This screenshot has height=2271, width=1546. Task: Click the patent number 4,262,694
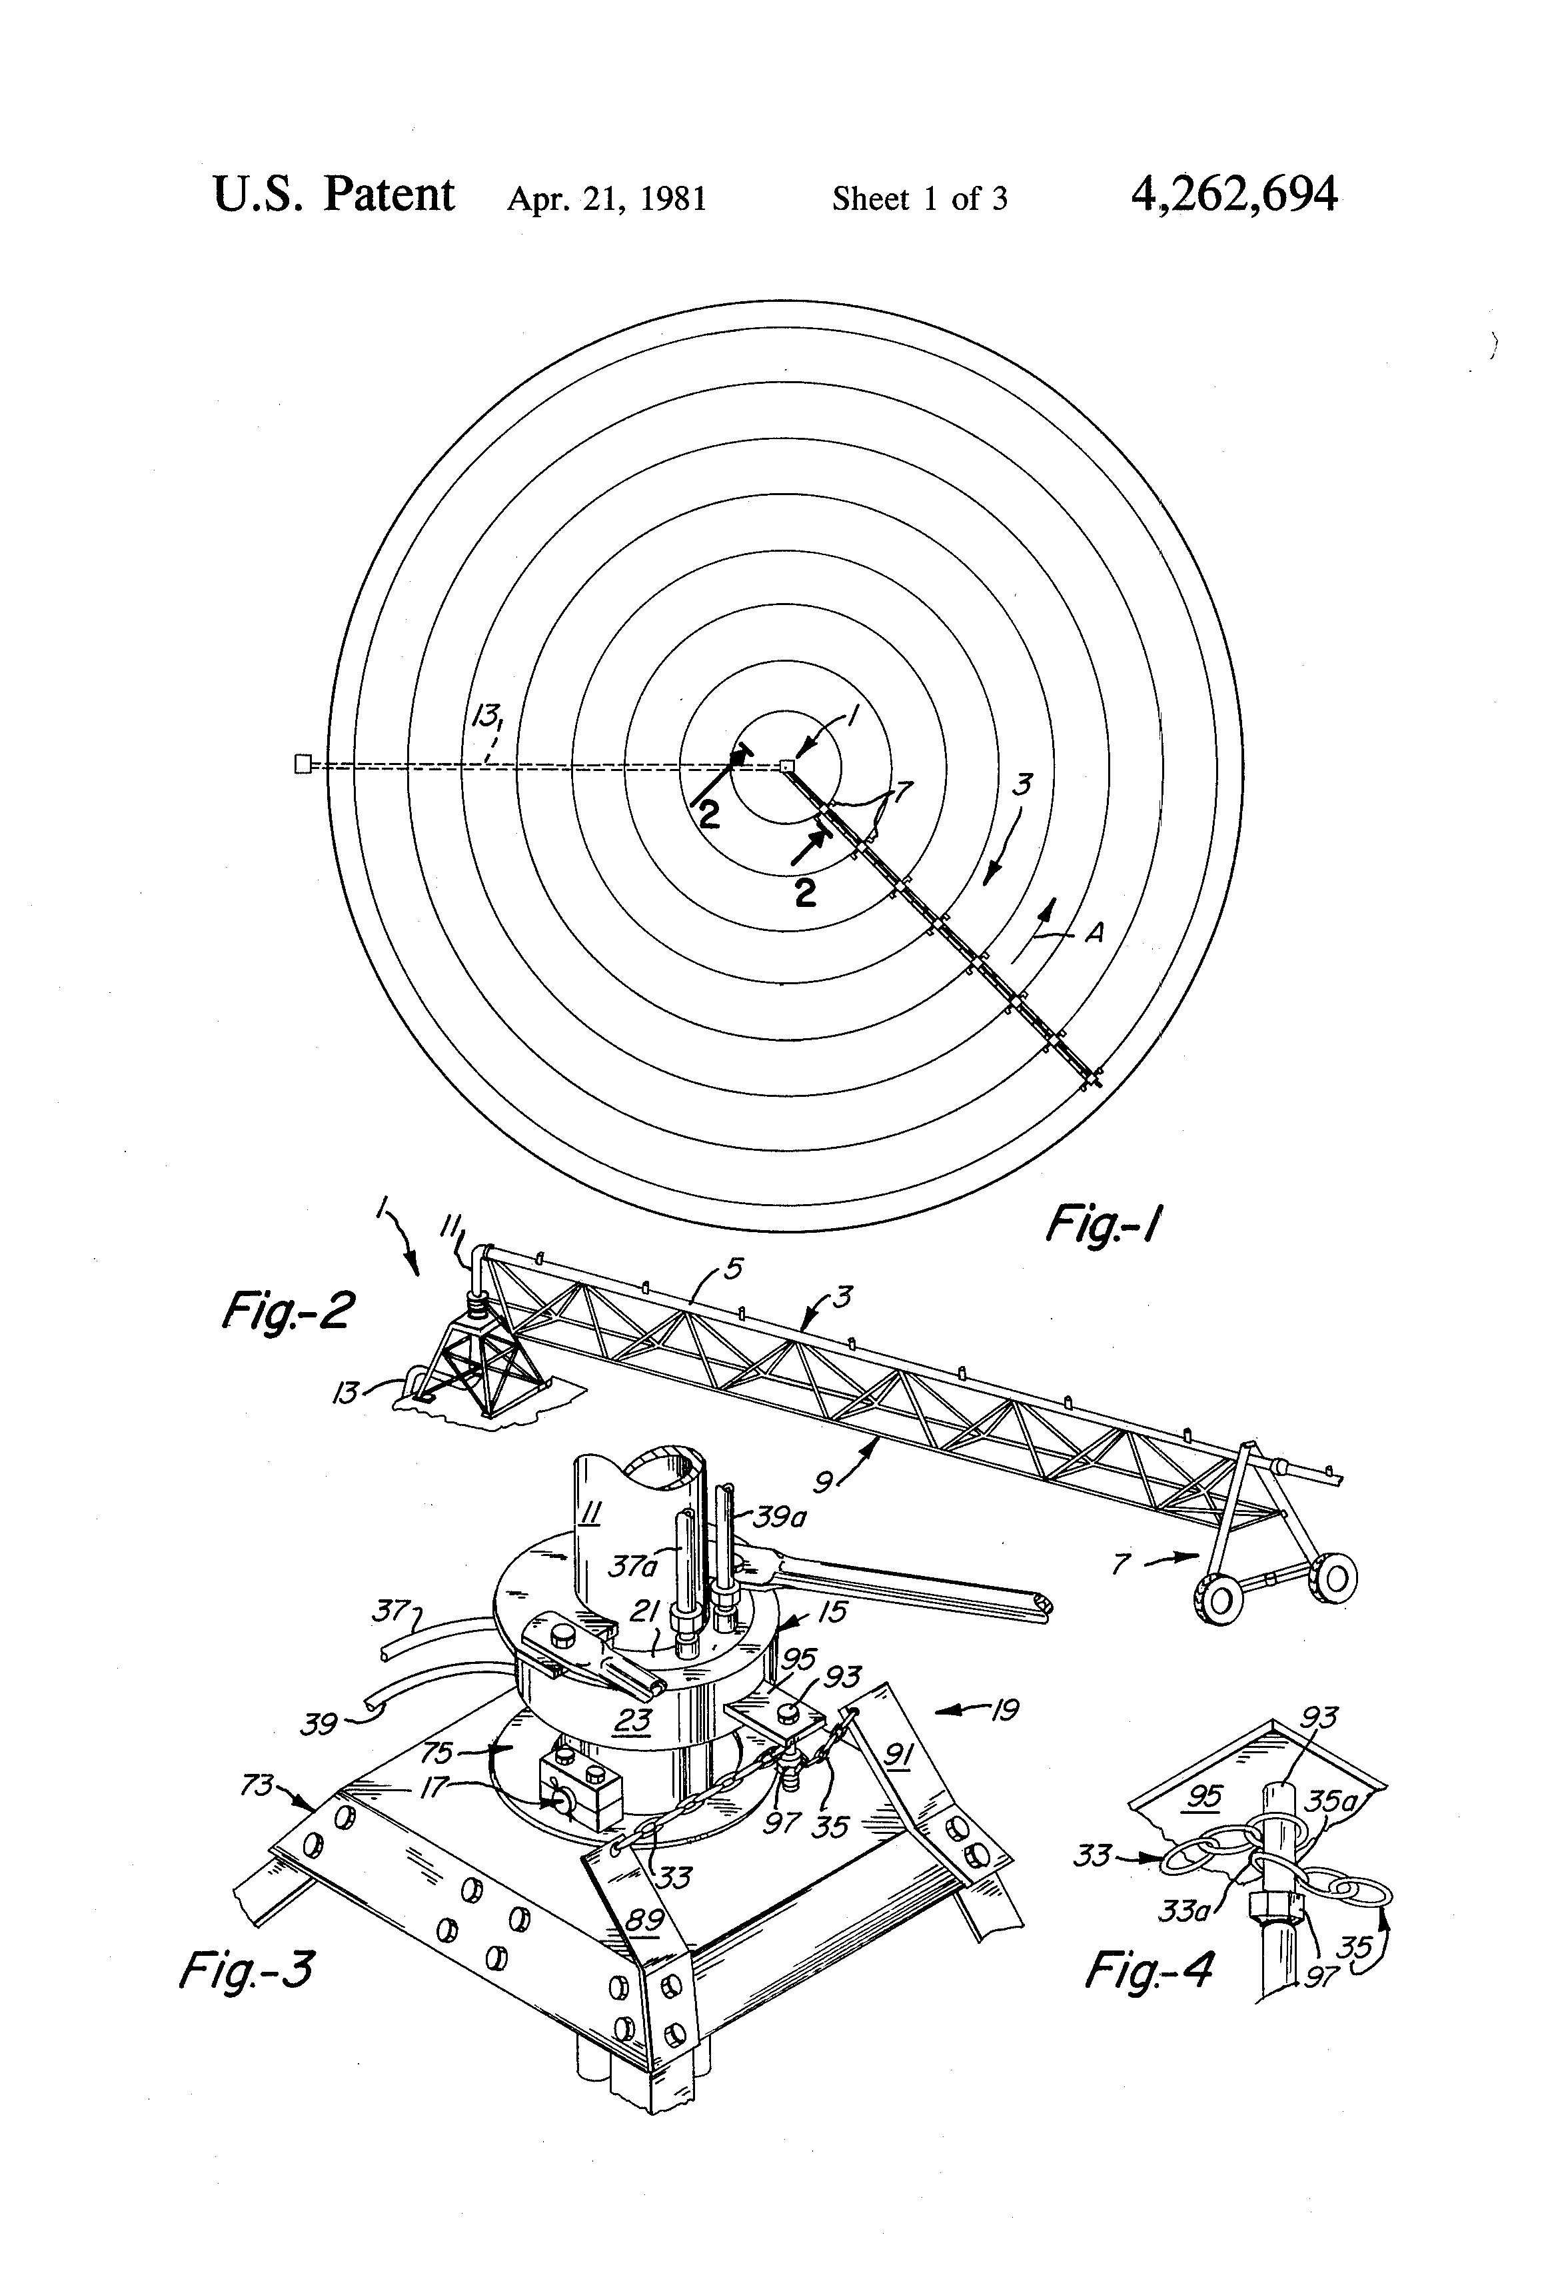pos(1233,195)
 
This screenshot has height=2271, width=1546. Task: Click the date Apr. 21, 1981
pos(606,199)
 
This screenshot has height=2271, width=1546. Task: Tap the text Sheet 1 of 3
pos(919,199)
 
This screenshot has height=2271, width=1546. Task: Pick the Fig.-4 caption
pos(1150,1970)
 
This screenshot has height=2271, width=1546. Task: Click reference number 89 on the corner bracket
pos(645,1920)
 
